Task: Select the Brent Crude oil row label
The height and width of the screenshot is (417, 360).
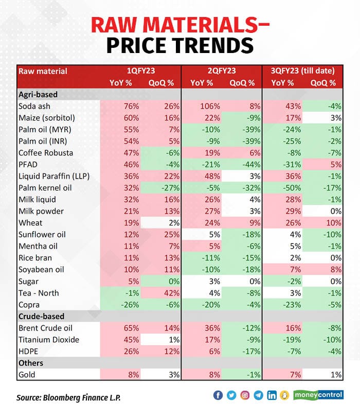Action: [x=45, y=328]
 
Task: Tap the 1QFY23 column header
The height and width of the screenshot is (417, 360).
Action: [x=139, y=71]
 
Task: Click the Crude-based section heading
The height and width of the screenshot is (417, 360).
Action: [x=40, y=316]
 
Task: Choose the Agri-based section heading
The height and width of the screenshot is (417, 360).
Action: [x=38, y=95]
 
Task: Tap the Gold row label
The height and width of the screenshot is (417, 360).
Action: [x=27, y=374]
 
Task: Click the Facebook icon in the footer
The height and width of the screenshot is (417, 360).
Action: [x=218, y=395]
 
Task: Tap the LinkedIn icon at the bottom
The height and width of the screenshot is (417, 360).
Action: [x=272, y=395]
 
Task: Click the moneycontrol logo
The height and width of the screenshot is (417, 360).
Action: [x=319, y=395]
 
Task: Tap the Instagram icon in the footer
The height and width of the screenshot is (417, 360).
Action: [x=245, y=395]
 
